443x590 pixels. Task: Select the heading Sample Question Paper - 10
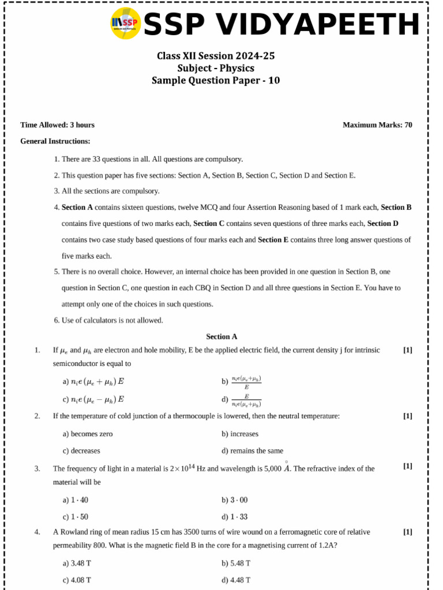click(x=216, y=81)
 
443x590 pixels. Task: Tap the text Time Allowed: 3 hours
click(x=57, y=125)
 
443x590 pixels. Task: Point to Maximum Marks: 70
click(x=377, y=125)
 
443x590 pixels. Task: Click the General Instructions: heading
click(x=55, y=141)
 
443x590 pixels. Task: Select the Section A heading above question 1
click(x=221, y=336)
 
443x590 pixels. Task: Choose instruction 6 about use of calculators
click(x=108, y=320)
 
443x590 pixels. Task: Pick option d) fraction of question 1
click(x=242, y=400)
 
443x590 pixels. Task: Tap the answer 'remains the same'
click(x=253, y=451)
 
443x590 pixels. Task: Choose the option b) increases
click(x=240, y=434)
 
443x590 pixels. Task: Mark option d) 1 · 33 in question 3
click(x=235, y=517)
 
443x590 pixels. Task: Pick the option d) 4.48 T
click(x=236, y=580)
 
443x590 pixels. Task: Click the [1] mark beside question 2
click(x=407, y=415)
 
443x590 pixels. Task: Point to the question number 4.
click(x=37, y=532)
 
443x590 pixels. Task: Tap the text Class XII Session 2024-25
click(x=216, y=56)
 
